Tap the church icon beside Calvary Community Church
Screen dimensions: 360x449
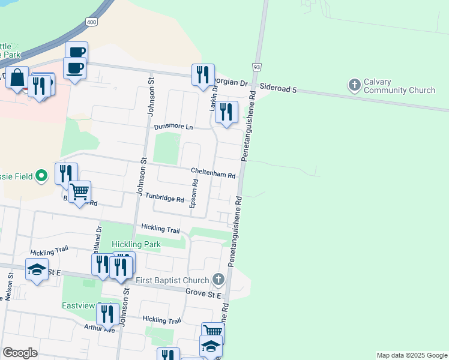(354, 85)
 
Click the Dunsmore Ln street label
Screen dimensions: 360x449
(173, 127)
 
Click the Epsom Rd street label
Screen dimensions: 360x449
(194, 193)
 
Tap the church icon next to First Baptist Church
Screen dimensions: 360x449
(218, 279)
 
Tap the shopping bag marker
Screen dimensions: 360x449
(17, 78)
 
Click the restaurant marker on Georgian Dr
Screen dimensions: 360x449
(203, 75)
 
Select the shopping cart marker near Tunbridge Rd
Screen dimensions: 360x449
(79, 193)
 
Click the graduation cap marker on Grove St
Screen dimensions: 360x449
(37, 271)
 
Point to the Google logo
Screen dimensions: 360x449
(20, 353)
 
